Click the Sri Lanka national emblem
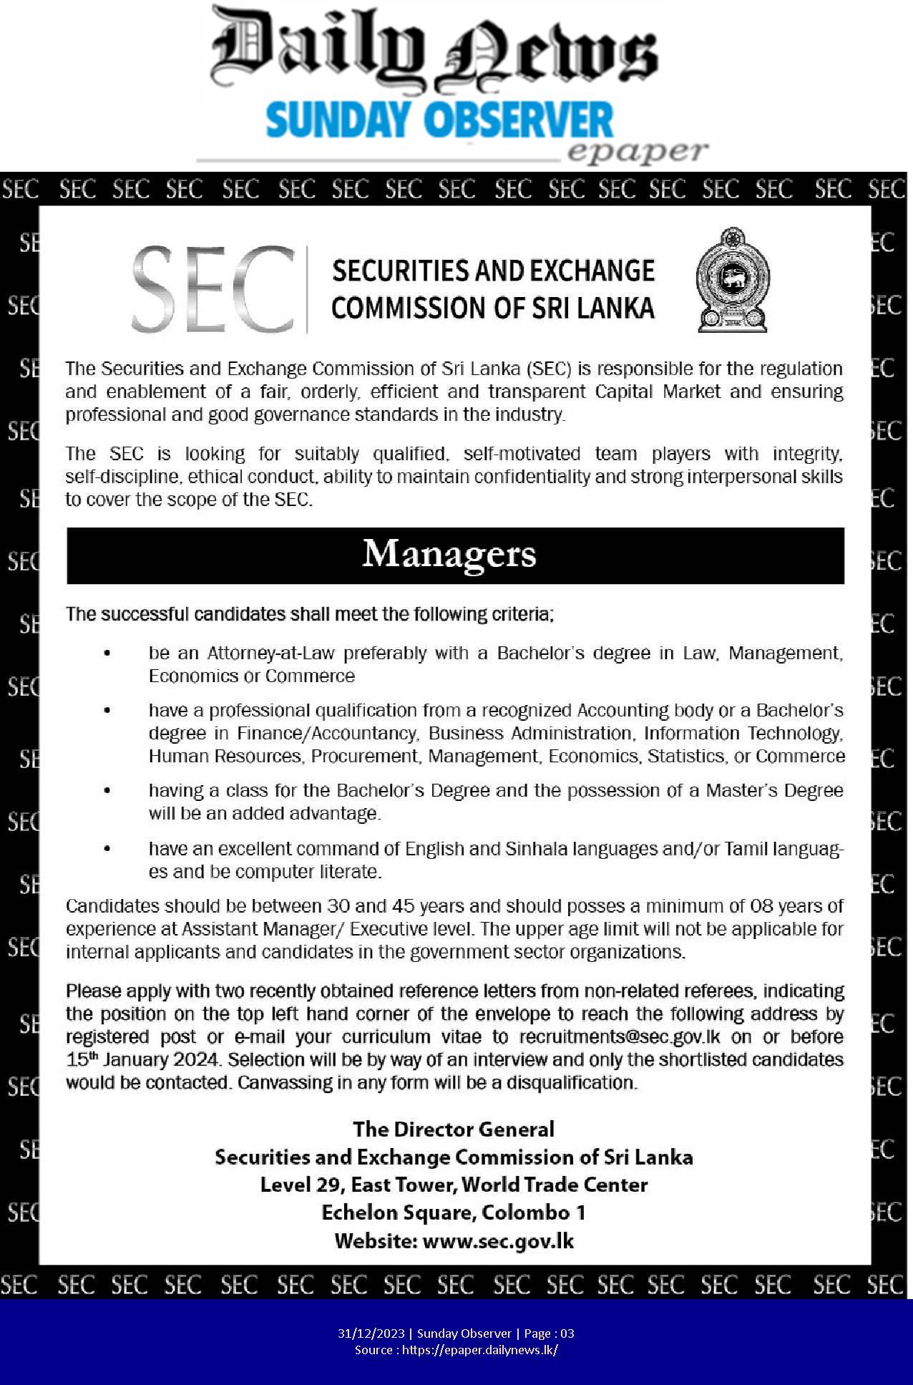click(x=732, y=280)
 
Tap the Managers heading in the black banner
click(x=449, y=555)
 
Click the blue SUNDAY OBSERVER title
click(x=439, y=120)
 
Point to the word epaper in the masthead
click(x=637, y=152)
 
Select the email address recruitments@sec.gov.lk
click(x=620, y=1037)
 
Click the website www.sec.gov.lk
click(x=498, y=1240)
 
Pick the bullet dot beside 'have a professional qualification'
click(x=107, y=711)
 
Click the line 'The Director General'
click(x=454, y=1129)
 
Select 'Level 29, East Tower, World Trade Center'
click(x=454, y=1185)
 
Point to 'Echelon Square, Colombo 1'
click(x=454, y=1213)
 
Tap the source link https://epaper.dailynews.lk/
click(x=479, y=1350)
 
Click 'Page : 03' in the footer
click(x=549, y=1333)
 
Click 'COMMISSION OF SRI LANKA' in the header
click(x=492, y=308)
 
